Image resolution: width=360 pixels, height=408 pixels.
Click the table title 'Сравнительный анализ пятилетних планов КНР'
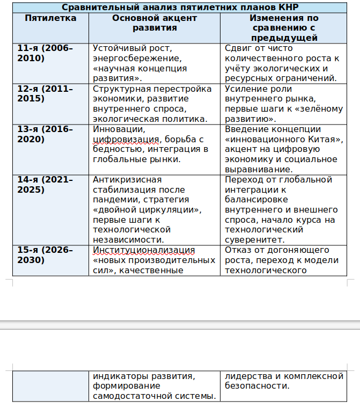(x=180, y=8)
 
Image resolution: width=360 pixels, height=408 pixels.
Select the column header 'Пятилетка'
(x=50, y=18)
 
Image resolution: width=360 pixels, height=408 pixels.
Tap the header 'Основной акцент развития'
(x=155, y=23)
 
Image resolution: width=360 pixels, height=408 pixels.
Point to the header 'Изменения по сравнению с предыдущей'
(x=284, y=28)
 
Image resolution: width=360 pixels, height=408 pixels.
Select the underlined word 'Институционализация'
(x=144, y=250)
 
